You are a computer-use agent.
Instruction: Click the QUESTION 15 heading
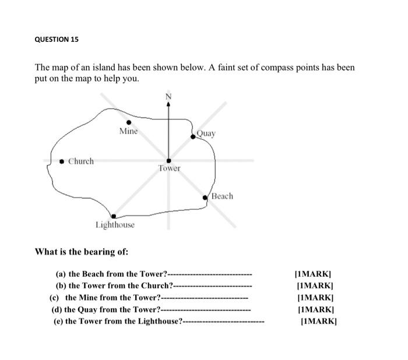coord(57,40)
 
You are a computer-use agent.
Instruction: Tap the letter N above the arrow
coord(169,96)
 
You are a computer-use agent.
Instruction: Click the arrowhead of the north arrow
coord(169,104)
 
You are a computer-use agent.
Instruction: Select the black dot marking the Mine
coord(129,122)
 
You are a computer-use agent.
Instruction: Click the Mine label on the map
coord(128,132)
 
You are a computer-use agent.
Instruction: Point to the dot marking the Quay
coord(193,137)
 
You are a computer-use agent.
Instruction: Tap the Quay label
coord(206,133)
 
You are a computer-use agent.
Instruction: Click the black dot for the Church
coord(62,161)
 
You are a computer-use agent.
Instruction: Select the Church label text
coord(81,161)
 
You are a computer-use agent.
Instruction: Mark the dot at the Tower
coord(169,160)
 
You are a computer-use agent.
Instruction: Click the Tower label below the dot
coord(169,168)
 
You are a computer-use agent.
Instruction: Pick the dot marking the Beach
coord(205,198)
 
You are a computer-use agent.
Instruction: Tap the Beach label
coord(221,196)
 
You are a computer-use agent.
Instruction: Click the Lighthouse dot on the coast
coord(114,216)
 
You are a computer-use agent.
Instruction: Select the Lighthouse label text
coord(115,225)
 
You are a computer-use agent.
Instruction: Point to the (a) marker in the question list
coord(61,274)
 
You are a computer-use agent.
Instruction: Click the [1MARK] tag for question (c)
coord(314,297)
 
